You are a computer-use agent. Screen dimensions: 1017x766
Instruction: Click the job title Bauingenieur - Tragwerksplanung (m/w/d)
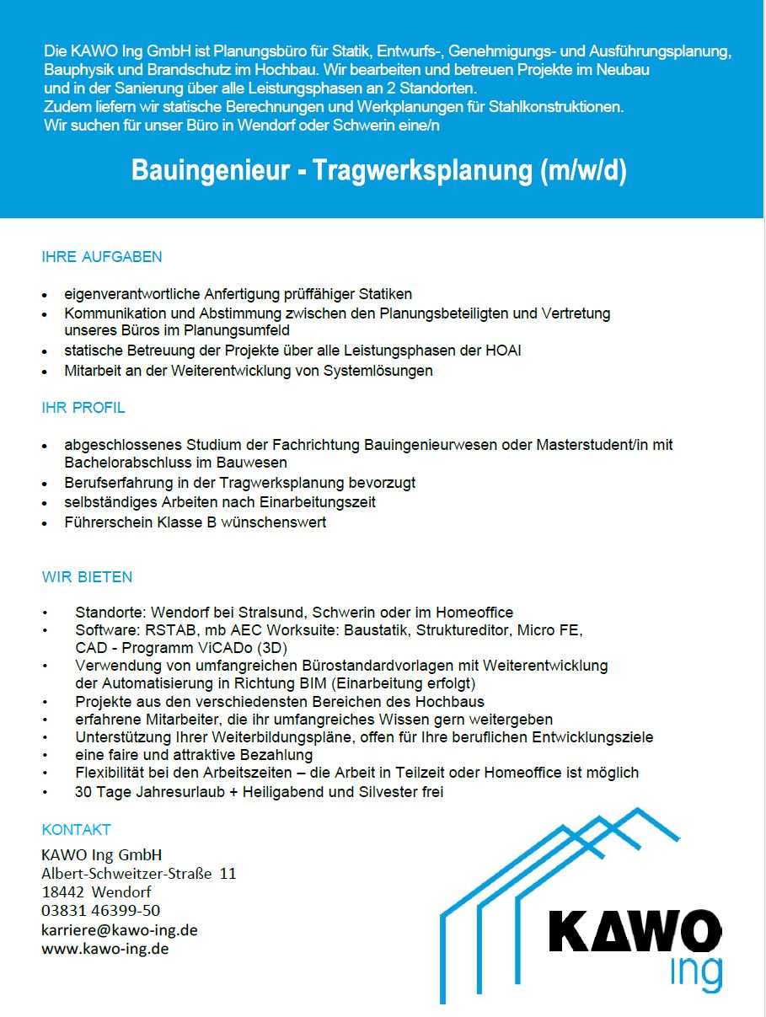coord(379,171)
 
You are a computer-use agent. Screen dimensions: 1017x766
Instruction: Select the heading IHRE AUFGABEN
coord(102,257)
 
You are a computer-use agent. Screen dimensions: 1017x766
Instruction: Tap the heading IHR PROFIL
coord(83,408)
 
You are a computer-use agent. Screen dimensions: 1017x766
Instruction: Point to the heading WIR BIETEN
coord(88,577)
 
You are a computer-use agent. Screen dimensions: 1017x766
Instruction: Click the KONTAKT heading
coord(77,830)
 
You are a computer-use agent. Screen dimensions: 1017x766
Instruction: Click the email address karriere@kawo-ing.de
coord(120,930)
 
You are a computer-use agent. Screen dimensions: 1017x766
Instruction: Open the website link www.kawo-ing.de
coord(105,949)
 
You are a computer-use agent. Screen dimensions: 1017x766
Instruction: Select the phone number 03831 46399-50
coord(101,911)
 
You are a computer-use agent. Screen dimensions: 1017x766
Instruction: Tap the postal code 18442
coord(62,891)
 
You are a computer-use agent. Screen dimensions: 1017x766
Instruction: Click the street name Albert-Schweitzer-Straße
coord(126,873)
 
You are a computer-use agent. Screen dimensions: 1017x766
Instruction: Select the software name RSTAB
coord(154,630)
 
